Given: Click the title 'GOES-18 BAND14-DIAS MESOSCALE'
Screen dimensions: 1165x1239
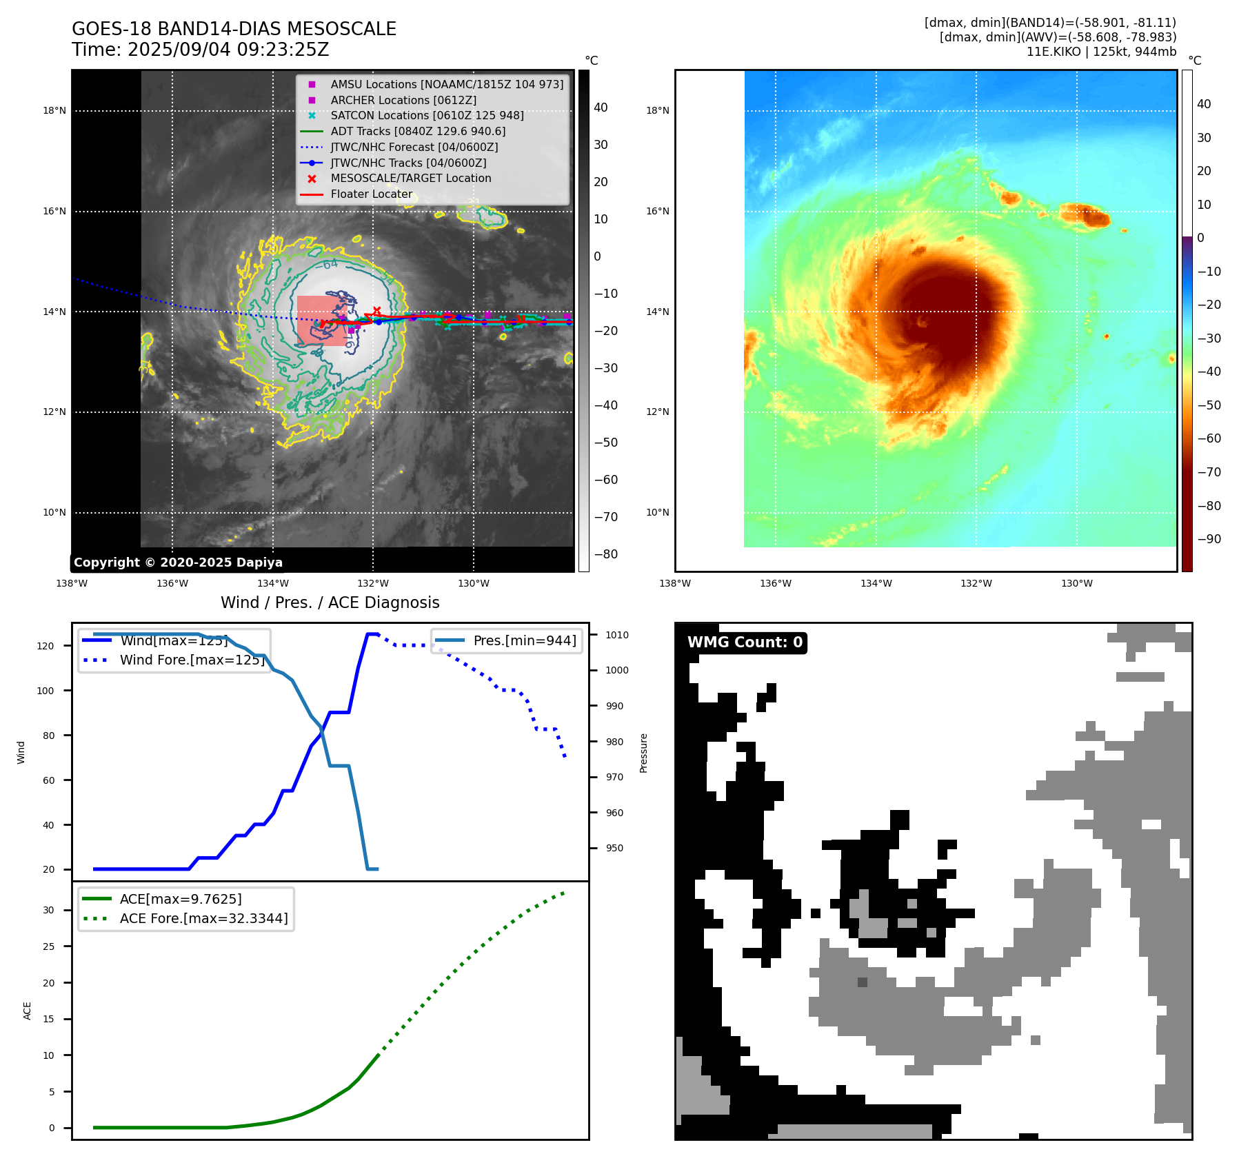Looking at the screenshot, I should click(x=234, y=29).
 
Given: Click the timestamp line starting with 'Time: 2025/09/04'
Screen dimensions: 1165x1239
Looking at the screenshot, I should click(x=200, y=50).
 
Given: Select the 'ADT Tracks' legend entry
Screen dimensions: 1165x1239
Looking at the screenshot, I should click(x=418, y=131).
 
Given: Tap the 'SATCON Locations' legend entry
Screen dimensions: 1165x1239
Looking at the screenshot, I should click(x=427, y=115).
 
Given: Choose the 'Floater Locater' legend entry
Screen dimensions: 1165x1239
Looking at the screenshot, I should click(x=371, y=194).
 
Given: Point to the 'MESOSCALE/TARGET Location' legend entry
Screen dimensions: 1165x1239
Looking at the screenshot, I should click(x=411, y=179).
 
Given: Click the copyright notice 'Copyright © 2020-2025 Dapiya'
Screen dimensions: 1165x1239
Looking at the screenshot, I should click(x=178, y=563).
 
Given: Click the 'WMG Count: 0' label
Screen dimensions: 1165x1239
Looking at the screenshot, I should click(x=745, y=642).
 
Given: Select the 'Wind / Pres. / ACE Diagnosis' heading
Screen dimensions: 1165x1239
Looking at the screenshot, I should click(x=330, y=602).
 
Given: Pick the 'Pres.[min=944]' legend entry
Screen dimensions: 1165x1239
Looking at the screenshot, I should click(x=525, y=640).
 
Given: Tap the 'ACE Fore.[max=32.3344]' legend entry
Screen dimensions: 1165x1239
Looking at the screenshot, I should click(x=203, y=918).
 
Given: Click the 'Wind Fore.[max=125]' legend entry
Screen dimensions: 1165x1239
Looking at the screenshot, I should click(x=192, y=660).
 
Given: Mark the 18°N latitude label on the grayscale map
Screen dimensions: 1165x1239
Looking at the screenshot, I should click(x=54, y=110).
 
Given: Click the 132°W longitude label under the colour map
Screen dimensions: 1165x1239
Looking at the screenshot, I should click(x=976, y=583).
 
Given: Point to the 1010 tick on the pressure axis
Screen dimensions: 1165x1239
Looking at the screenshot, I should click(x=617, y=635).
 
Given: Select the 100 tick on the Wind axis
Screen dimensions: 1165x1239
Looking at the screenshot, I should click(x=46, y=691).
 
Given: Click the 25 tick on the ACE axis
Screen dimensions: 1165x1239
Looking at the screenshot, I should click(x=48, y=946).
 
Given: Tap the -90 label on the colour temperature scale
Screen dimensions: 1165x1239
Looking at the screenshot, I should click(x=1209, y=539).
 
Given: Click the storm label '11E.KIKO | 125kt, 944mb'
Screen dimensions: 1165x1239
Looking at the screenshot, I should click(x=1101, y=52).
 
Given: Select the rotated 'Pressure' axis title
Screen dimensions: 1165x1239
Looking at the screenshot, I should click(x=643, y=753).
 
